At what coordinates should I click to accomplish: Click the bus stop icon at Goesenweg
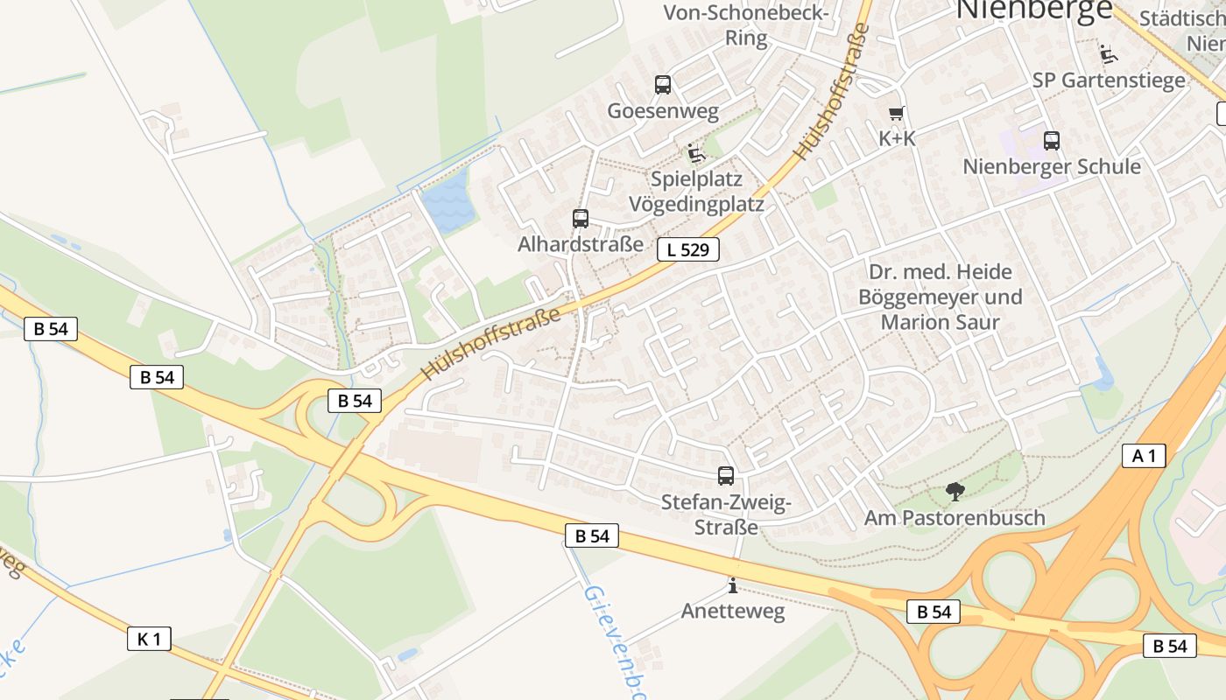pyautogui.click(x=663, y=85)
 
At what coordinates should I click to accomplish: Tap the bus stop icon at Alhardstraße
pyautogui.click(x=581, y=219)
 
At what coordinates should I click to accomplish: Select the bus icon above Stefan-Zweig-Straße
pyautogui.click(x=726, y=476)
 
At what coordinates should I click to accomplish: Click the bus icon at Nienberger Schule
pyautogui.click(x=1052, y=140)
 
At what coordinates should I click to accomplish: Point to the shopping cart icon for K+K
pyautogui.click(x=896, y=114)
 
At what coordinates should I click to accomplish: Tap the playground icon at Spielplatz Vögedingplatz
pyautogui.click(x=696, y=153)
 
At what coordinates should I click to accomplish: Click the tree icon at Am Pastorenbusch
pyautogui.click(x=955, y=492)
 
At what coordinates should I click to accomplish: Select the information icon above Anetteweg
pyautogui.click(x=733, y=585)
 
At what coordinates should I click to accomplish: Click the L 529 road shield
pyautogui.click(x=687, y=250)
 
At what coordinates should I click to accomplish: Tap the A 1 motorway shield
pyautogui.click(x=1144, y=455)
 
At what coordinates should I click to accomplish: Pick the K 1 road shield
pyautogui.click(x=149, y=639)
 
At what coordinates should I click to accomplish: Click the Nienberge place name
pyautogui.click(x=1033, y=9)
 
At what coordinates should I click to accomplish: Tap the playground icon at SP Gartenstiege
pyautogui.click(x=1109, y=54)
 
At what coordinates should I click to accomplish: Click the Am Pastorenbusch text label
pyautogui.click(x=955, y=518)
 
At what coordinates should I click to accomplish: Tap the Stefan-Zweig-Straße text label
pyautogui.click(x=726, y=514)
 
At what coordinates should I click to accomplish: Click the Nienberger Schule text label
pyautogui.click(x=1052, y=166)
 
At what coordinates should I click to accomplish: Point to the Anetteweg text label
pyautogui.click(x=733, y=611)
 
